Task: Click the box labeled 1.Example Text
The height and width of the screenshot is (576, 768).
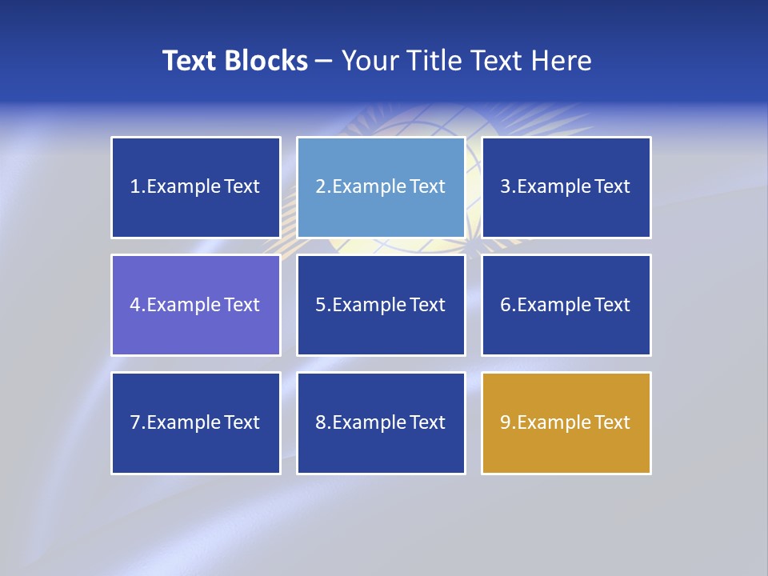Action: coord(196,187)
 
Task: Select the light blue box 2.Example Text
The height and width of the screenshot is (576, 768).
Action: coord(381,187)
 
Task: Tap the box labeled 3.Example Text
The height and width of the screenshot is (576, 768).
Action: coord(566,187)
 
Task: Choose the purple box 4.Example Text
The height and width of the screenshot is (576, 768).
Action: coord(196,305)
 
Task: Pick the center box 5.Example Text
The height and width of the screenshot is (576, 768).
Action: coord(381,305)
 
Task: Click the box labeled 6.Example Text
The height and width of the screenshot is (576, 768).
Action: coord(566,305)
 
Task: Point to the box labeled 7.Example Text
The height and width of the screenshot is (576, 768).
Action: coord(196,422)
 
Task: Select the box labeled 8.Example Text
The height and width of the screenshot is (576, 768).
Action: coord(381,422)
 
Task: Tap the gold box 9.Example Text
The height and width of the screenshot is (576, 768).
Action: coord(566,422)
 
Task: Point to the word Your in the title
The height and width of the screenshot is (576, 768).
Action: coord(368,61)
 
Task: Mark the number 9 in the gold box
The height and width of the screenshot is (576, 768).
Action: coord(506,422)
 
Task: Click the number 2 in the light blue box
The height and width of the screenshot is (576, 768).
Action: coord(320,187)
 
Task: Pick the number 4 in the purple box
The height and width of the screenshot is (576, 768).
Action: coord(135,305)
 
